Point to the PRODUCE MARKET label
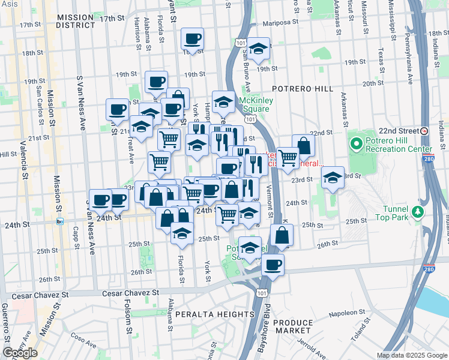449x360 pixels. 292,326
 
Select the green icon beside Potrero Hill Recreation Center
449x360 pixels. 356,143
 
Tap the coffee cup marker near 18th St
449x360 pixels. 193,40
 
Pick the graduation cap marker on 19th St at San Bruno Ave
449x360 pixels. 259,50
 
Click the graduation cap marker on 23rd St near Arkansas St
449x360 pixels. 333,178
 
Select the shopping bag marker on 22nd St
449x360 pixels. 304,146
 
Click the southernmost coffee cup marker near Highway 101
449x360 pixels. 273,264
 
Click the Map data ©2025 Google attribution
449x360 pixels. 411,355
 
